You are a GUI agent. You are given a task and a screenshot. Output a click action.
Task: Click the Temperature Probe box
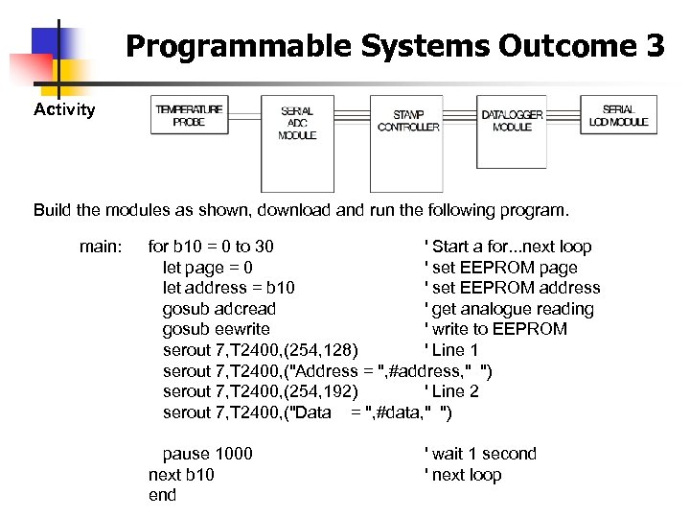pyautogui.click(x=190, y=115)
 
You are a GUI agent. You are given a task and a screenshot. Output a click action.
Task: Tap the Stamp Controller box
pyautogui.click(x=408, y=122)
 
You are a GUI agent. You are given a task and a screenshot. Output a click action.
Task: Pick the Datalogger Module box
pyautogui.click(x=512, y=120)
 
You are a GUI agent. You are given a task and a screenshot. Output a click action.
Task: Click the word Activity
pyautogui.click(x=64, y=109)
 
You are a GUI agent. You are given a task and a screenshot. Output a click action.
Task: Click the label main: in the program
pyautogui.click(x=101, y=247)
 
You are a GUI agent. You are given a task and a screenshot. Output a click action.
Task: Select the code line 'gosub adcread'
pyautogui.click(x=218, y=309)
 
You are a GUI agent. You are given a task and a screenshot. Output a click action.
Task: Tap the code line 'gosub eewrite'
pyautogui.click(x=216, y=329)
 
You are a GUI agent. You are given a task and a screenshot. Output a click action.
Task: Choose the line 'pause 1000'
pyautogui.click(x=207, y=454)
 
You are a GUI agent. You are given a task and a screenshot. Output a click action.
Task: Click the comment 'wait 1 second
pyautogui.click(x=479, y=454)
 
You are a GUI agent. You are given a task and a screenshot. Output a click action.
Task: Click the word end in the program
pyautogui.click(x=162, y=495)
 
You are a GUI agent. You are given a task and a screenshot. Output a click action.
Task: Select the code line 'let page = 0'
pyautogui.click(x=207, y=268)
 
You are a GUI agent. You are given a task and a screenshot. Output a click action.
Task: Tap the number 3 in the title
pyautogui.click(x=655, y=45)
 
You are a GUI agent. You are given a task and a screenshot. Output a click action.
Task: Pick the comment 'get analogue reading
pyautogui.click(x=508, y=309)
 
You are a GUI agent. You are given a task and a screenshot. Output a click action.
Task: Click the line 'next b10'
pyautogui.click(x=181, y=475)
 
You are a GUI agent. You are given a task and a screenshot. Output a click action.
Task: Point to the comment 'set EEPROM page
pyautogui.click(x=500, y=268)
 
